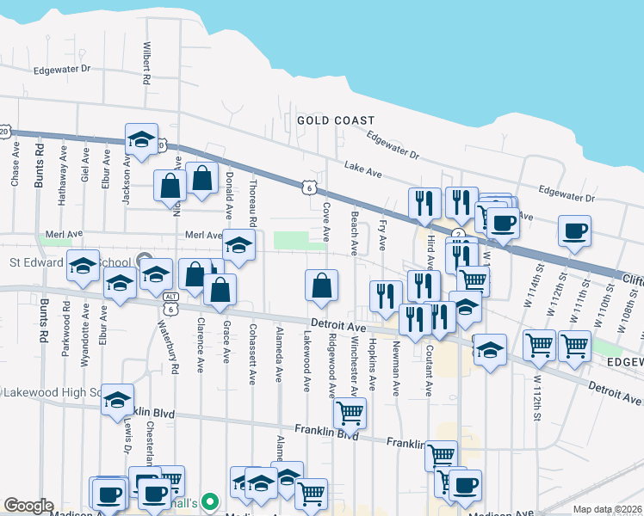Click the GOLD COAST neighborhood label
point(336,120)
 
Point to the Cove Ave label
point(325,222)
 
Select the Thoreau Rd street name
point(252,206)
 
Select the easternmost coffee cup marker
point(574,230)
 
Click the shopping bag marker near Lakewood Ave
point(321,286)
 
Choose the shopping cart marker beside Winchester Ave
point(350,413)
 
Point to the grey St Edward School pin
point(144,261)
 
